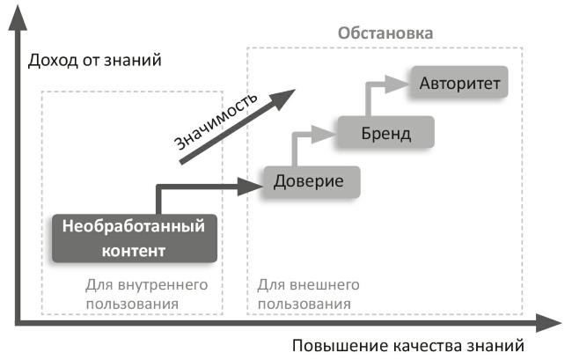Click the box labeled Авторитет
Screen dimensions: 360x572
tap(459, 84)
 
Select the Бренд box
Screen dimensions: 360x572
tap(385, 134)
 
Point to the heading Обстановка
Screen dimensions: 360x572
tap(386, 35)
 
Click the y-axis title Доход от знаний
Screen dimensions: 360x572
tap(96, 61)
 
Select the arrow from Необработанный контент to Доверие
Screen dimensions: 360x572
tap(202, 187)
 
